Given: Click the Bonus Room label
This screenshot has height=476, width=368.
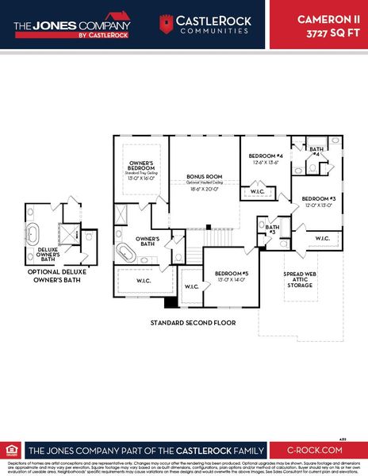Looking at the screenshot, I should tap(205, 176).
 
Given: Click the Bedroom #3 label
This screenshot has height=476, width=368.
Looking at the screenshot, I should tap(318, 198).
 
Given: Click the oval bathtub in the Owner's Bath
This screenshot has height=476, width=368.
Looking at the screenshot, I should tap(127, 252).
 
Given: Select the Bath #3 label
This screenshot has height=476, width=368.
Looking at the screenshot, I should tap(272, 229).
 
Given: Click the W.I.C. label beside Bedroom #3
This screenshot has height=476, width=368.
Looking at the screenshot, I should tap(323, 238).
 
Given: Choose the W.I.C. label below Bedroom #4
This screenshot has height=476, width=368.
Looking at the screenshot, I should tap(257, 191).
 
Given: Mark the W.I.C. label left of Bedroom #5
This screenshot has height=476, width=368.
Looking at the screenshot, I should tap(192, 286).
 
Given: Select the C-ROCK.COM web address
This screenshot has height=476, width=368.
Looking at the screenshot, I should tap(317, 449).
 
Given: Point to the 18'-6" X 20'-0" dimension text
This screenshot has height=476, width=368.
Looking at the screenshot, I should tap(205, 190).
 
